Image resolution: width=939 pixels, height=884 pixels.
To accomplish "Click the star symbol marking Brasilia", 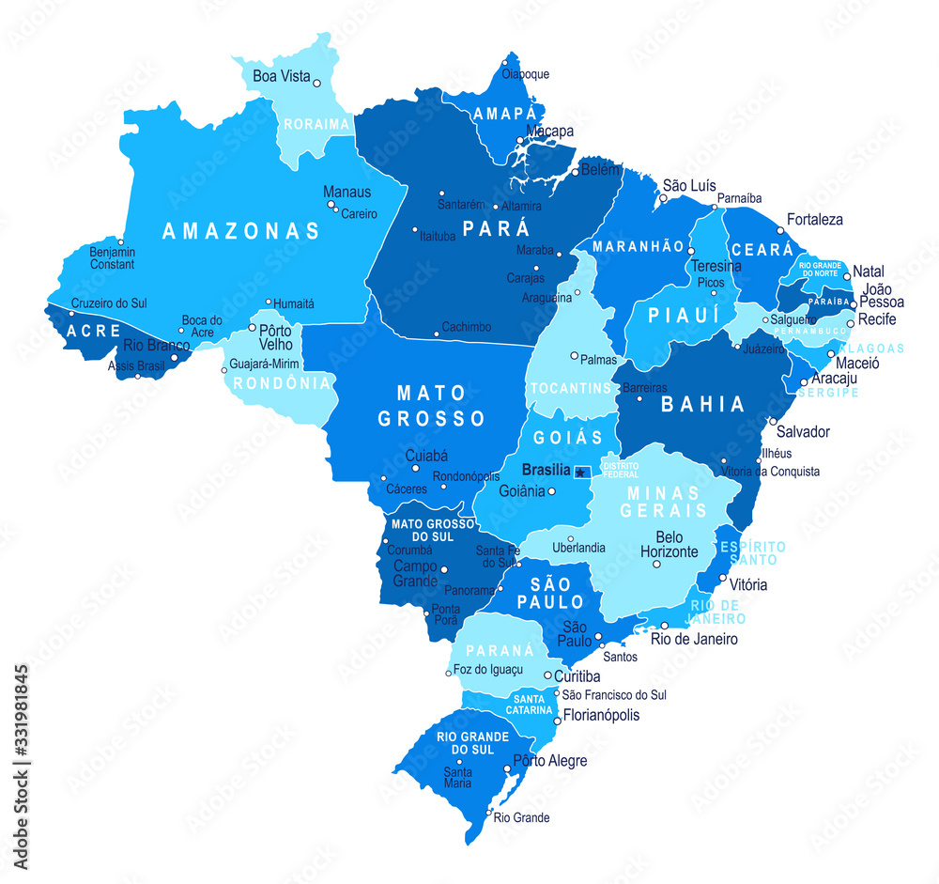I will pos(581,472).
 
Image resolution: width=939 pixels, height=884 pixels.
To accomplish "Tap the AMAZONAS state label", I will pos(241,231).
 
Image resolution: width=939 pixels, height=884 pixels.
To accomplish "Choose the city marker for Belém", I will pos(576,173).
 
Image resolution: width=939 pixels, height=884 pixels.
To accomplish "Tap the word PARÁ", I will pos(496,228).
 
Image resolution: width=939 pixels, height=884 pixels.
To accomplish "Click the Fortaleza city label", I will pos(815,219).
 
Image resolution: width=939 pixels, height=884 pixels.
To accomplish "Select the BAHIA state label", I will pos(703,405).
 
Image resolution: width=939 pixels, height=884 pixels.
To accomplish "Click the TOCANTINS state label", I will pos(571,388).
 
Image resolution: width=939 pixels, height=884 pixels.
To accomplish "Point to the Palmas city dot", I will pos(575,356).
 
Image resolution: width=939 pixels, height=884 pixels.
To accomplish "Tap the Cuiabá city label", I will pos(426,456).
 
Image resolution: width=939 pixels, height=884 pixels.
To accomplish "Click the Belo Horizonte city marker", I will pos(656,564).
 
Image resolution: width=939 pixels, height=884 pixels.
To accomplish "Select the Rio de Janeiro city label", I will pos(694,639).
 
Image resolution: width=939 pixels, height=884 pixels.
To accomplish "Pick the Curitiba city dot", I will pos(548,675).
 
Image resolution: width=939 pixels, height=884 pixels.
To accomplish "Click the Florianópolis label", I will pos(601,715).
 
